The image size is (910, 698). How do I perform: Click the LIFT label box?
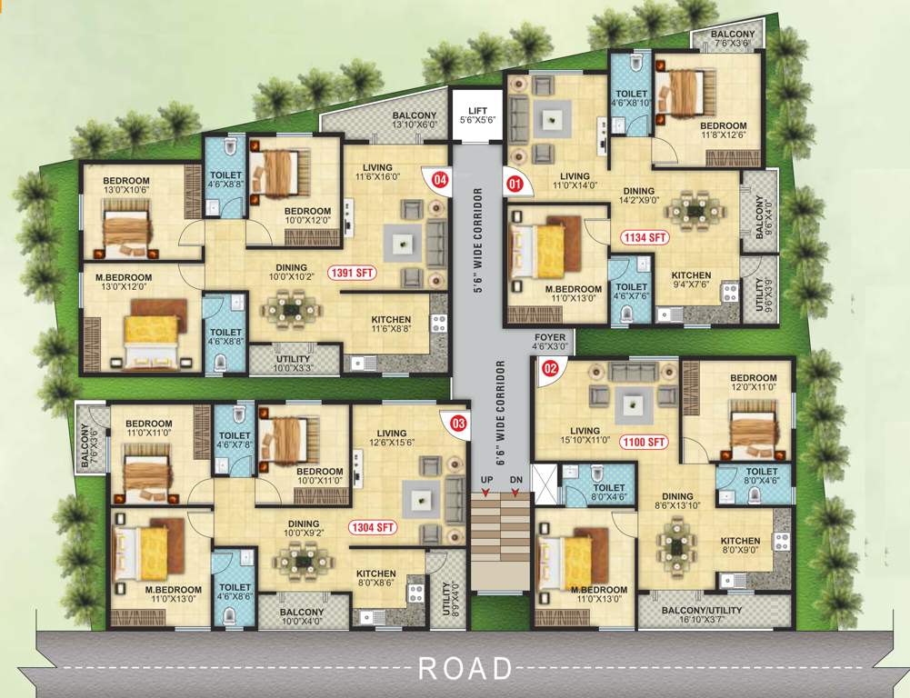coord(477,115)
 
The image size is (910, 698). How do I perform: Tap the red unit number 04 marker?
coord(440,180)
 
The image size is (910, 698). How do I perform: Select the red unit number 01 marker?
coord(515,184)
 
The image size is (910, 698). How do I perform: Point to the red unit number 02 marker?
coord(549,369)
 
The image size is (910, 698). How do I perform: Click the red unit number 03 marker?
coord(457,423)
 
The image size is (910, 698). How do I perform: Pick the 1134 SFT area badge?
coord(645,238)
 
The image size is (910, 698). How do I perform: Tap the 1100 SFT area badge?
coord(645,443)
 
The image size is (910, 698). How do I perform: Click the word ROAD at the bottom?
coord(465,669)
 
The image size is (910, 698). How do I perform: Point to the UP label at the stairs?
coord(485,479)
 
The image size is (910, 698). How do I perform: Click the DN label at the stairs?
coord(515,479)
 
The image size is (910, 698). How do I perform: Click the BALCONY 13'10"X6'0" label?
coord(415,120)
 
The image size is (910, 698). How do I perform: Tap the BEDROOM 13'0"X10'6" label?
coord(125,185)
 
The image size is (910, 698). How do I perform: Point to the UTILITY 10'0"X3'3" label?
coord(294,364)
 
